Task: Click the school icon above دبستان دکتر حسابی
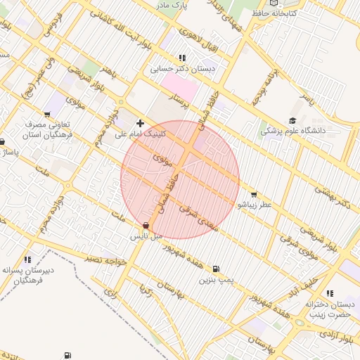(183, 58)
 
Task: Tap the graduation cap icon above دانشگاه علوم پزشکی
(292, 120)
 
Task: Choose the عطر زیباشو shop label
(254, 205)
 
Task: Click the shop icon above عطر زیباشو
(254, 195)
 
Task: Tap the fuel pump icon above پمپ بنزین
(215, 269)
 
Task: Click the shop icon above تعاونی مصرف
(47, 115)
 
